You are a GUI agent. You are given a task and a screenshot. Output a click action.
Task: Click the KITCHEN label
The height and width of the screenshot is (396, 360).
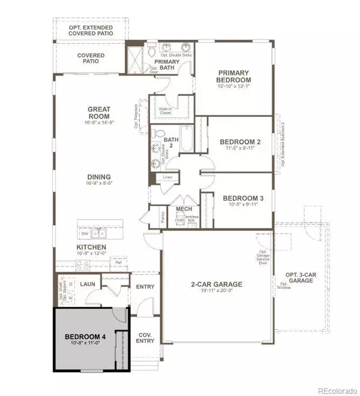pyautogui.click(x=91, y=247)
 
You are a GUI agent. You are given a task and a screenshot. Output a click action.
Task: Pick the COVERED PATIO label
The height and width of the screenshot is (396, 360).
pyautogui.click(x=91, y=59)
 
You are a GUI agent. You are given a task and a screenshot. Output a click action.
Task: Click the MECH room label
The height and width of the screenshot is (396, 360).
pyautogui.click(x=183, y=209)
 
